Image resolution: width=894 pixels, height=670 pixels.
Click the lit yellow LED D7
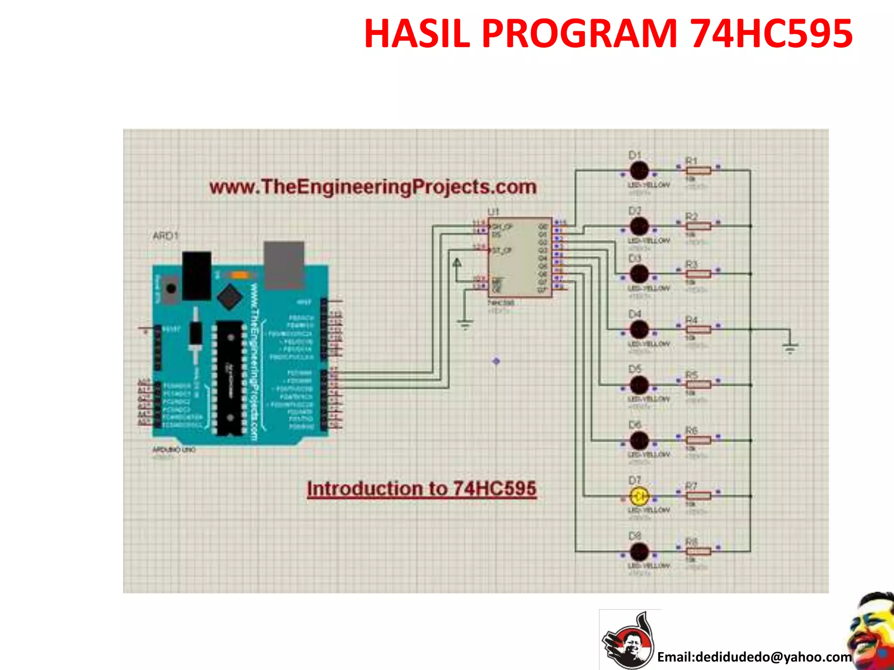(x=640, y=496)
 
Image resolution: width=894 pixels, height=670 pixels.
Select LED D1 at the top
(x=640, y=171)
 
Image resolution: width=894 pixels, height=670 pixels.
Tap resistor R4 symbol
(x=698, y=330)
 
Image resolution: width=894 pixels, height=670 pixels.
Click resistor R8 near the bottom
(x=698, y=551)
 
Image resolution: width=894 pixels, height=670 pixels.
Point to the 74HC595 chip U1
(x=519, y=257)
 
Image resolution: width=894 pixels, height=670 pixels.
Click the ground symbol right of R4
(x=790, y=347)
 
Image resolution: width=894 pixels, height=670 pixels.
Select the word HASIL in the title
(x=417, y=34)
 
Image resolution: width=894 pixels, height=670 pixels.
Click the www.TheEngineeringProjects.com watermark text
(x=373, y=187)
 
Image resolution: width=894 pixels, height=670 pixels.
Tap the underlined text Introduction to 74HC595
(x=422, y=489)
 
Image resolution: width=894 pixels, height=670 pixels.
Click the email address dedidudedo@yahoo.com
(x=754, y=656)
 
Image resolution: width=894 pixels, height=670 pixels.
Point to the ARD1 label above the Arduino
(x=165, y=236)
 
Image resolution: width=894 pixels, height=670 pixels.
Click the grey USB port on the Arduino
(x=284, y=265)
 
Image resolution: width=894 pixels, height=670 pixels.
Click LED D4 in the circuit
(x=640, y=330)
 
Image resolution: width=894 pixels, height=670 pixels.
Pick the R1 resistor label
(x=691, y=161)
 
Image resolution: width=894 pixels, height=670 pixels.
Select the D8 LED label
(x=635, y=536)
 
